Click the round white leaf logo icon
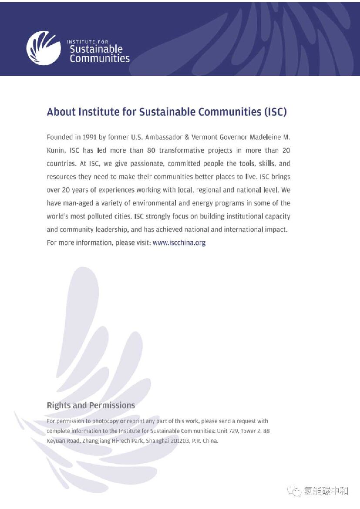pyautogui.click(x=44, y=48)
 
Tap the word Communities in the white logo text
pyautogui.click(x=100, y=58)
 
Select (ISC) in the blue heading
pyautogui.click(x=275, y=112)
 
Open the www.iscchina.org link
pyautogui.click(x=179, y=243)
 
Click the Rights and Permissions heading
pyautogui.click(x=91, y=405)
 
